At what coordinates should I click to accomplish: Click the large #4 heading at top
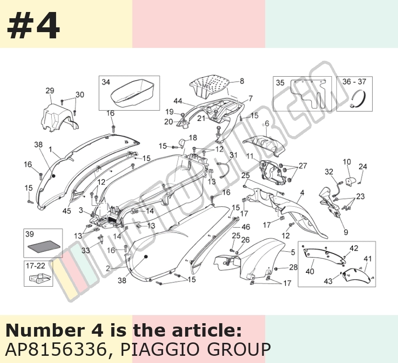33,25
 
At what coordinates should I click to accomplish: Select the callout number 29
50,91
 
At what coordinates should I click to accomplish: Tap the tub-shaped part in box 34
132,93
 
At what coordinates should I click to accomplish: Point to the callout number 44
178,101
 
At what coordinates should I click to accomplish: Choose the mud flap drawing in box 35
308,93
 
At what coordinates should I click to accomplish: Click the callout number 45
67,211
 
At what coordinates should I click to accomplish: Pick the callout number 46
246,226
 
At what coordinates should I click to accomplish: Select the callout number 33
86,250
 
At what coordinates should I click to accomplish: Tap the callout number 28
293,267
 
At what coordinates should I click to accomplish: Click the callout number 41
367,258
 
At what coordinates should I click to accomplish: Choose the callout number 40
310,271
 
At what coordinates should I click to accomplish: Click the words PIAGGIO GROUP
195,349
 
